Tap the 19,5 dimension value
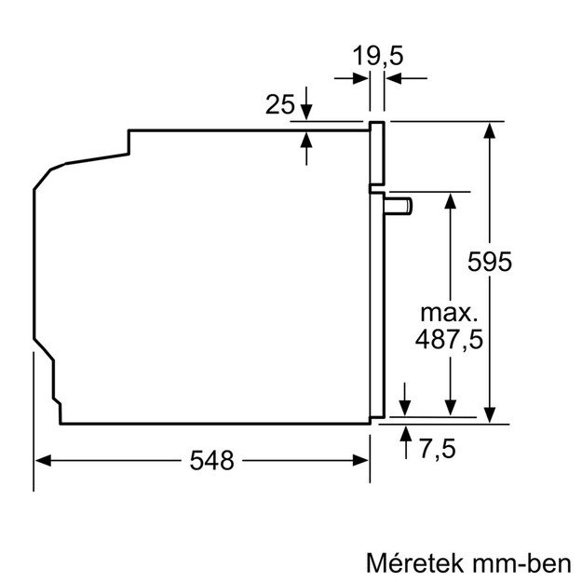pos(378,57)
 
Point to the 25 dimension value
pos(280,105)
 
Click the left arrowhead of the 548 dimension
pos(43,460)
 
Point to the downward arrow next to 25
pos(307,114)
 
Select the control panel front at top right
pos(377,154)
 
